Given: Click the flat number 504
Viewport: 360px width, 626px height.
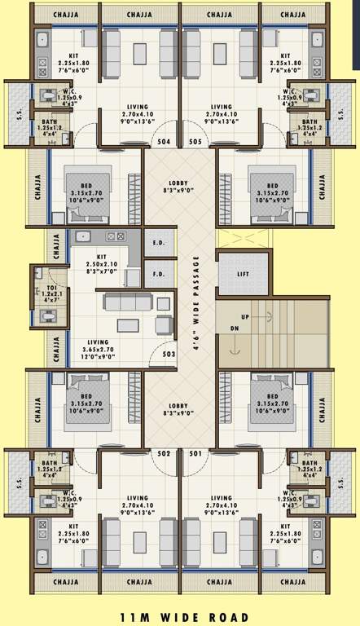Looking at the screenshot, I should click(164, 141).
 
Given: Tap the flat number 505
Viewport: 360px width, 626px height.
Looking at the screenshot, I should click(195, 141).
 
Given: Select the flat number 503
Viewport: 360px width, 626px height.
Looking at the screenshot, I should click(169, 354).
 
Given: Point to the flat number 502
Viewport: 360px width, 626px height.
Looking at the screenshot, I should click(164, 453).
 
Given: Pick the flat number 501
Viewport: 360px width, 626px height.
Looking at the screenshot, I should click(195, 453).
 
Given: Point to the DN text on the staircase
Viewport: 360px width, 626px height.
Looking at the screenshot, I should click(235, 328).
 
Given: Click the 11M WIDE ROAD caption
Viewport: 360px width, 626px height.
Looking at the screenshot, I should click(179, 618).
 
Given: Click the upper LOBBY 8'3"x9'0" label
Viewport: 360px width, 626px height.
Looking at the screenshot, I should click(179, 187).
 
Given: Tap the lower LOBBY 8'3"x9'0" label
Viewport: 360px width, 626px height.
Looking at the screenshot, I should click(179, 409).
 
